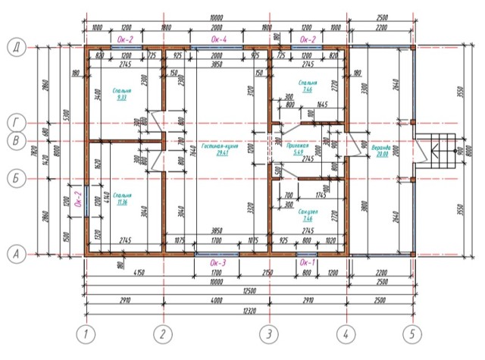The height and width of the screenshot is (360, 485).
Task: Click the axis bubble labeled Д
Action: [x=14, y=48]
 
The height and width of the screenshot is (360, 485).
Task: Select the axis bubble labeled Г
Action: [x=14, y=122]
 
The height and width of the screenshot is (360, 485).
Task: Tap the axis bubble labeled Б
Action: [x=14, y=179]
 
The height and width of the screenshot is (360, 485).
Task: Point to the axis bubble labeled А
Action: [x=14, y=255]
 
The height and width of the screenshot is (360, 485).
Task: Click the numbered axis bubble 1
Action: [x=87, y=333]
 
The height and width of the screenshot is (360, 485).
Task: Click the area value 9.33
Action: [x=121, y=98]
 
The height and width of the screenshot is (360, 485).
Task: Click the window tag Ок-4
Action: [x=216, y=37]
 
